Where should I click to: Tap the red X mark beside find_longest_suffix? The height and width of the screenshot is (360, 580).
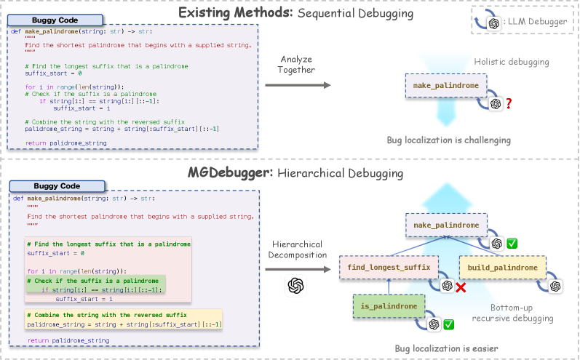pos(460,287)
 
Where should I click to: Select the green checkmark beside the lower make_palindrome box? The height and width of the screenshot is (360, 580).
pos(512,244)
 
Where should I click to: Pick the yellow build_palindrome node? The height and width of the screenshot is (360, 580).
pos(503,268)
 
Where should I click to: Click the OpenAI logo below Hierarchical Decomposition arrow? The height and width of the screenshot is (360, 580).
pos(295,284)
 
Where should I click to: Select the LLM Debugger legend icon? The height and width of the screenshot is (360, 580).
pos(494,23)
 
